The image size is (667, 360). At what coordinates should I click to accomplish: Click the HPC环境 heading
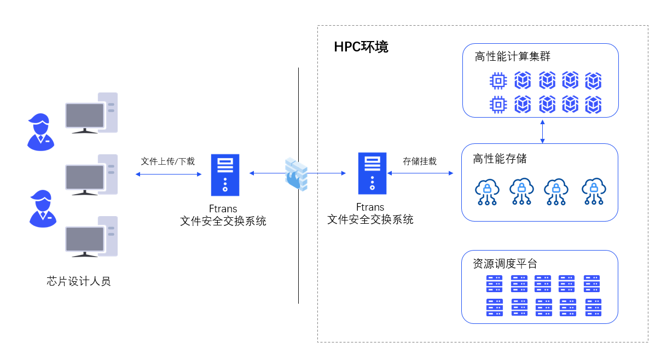pyautogui.click(x=361, y=47)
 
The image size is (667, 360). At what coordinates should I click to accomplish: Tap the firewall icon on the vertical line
pyautogui.click(x=296, y=173)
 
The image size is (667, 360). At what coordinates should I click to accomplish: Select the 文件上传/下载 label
pyautogui.click(x=167, y=161)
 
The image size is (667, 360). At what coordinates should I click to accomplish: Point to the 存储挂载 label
pyautogui.click(x=420, y=161)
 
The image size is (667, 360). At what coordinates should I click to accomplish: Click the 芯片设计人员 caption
pyautogui.click(x=79, y=282)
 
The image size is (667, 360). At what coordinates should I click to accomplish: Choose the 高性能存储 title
pyautogui.click(x=500, y=159)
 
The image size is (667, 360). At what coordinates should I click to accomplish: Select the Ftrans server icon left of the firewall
pyautogui.click(x=225, y=175)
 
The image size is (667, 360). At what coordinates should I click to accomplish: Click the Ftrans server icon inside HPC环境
pyautogui.click(x=372, y=173)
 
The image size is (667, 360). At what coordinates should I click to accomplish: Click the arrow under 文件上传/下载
pyautogui.click(x=169, y=174)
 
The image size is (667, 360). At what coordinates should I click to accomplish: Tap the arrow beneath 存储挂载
pyautogui.click(x=420, y=173)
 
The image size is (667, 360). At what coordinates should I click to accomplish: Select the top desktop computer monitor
pyautogui.click(x=85, y=116)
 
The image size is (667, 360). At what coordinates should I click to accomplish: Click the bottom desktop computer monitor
pyautogui.click(x=85, y=240)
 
